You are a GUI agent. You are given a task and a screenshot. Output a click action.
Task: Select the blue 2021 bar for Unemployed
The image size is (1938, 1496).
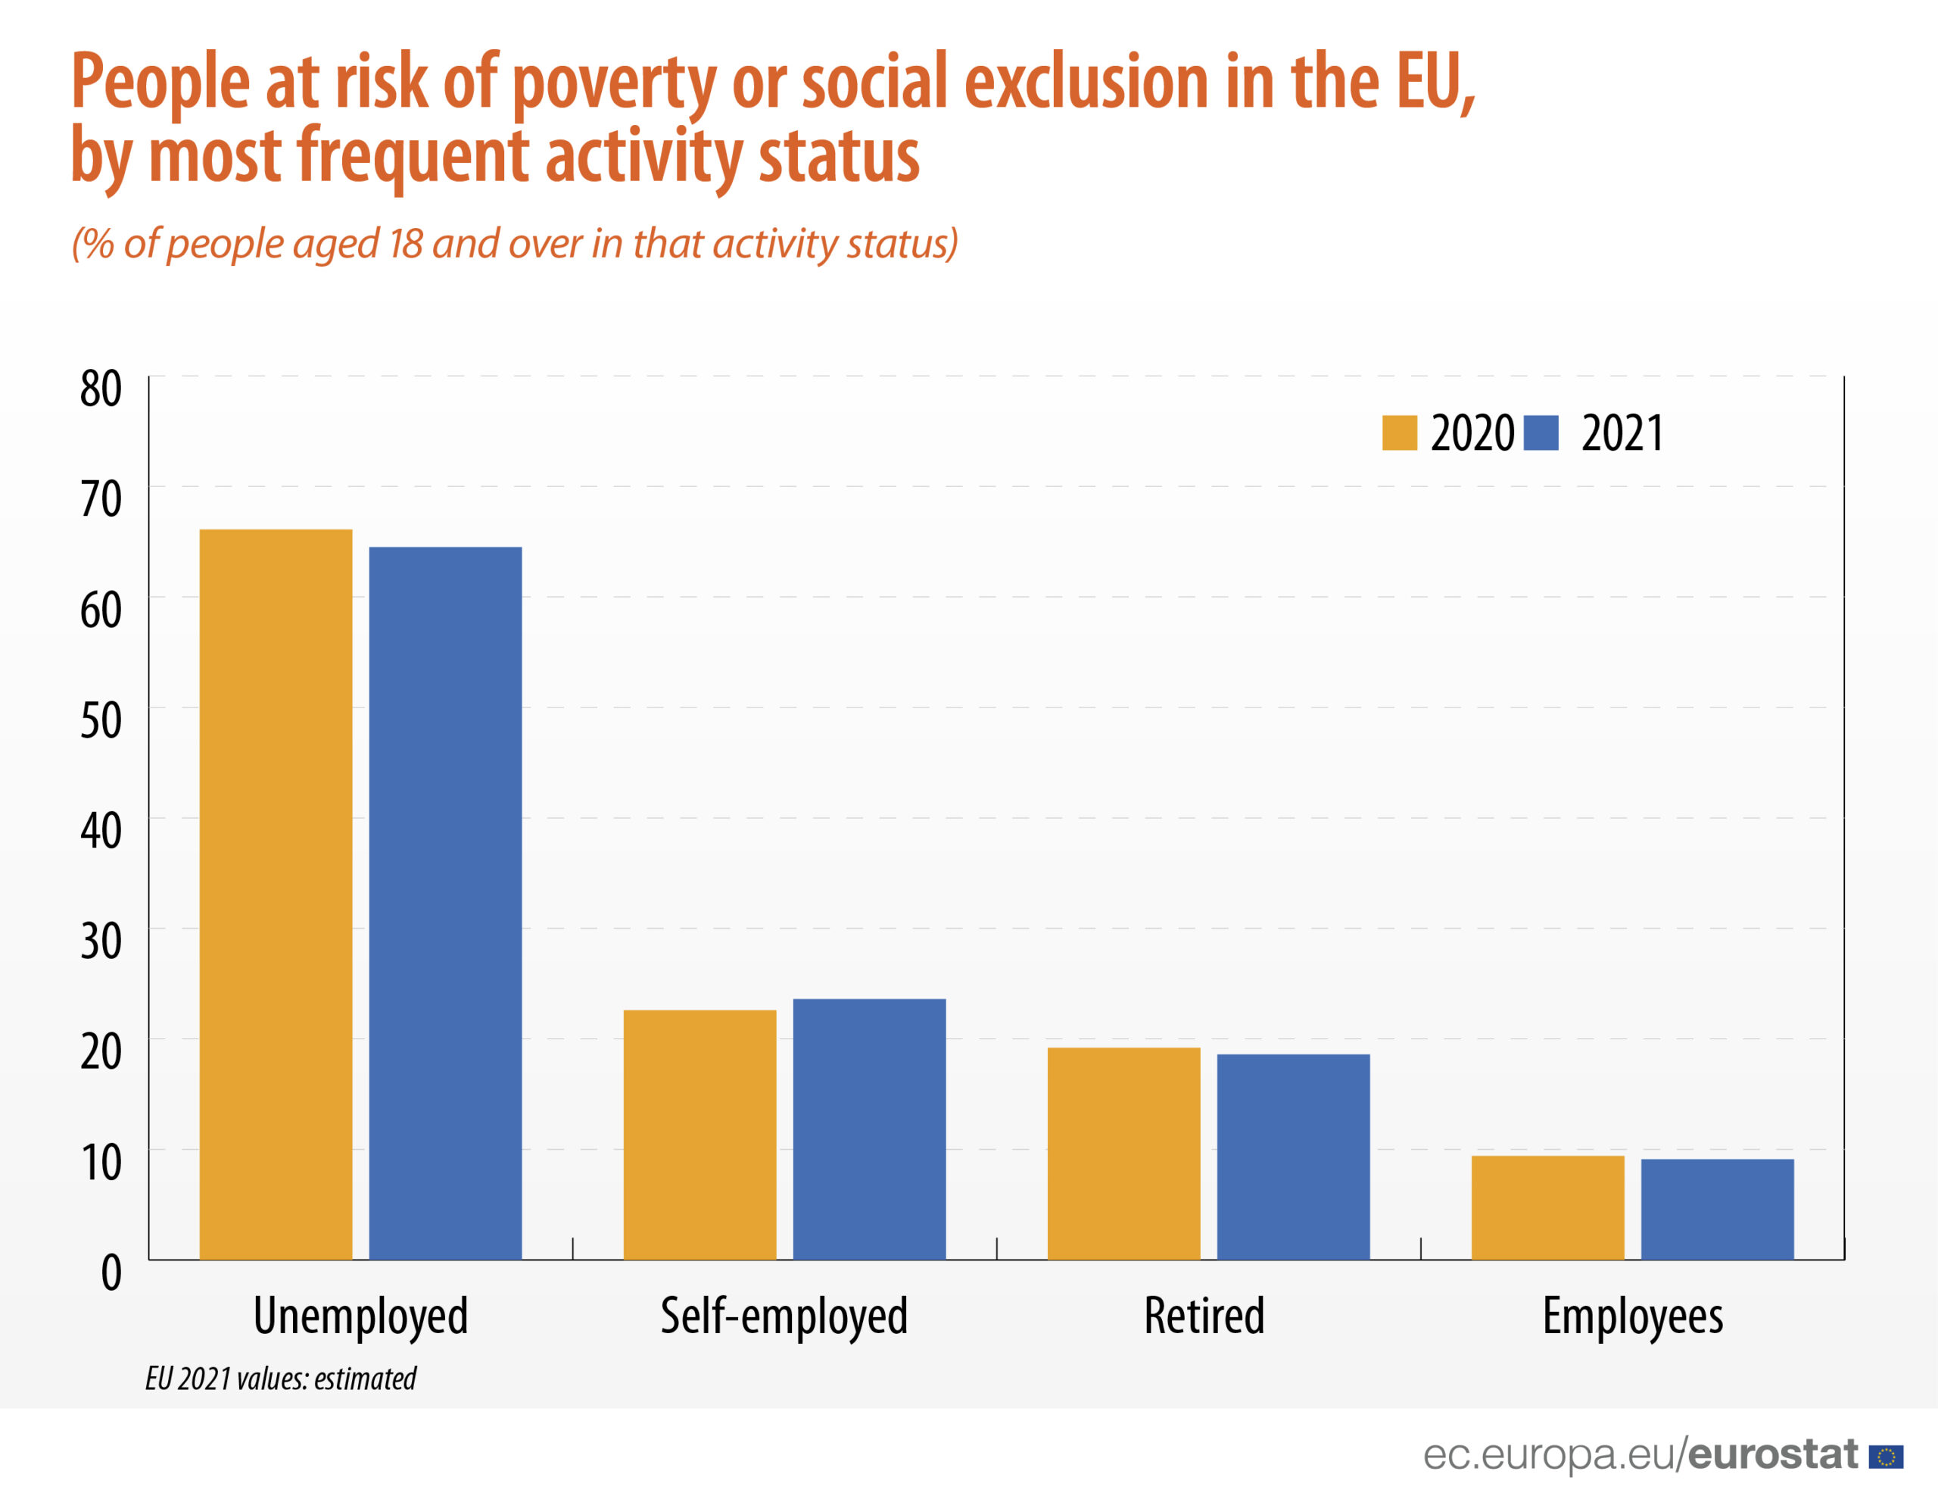445,903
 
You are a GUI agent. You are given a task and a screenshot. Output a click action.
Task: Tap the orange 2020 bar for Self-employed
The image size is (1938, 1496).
699,1135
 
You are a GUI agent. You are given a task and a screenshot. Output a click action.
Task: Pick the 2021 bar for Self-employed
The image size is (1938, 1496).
869,1129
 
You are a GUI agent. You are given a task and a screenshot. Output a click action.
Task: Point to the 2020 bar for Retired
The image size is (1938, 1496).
1123,1154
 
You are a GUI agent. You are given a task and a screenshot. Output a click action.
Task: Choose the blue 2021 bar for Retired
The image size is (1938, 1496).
1293,1157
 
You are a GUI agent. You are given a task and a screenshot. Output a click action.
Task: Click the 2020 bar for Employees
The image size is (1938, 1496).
1547,1207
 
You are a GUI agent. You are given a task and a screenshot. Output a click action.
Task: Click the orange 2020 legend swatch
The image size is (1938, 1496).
1399,433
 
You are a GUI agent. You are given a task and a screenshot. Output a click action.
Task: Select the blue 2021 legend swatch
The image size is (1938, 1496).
1541,433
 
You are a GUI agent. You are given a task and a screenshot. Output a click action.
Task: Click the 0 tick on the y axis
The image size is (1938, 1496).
111,1273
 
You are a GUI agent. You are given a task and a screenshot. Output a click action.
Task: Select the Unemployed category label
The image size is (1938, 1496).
360,1316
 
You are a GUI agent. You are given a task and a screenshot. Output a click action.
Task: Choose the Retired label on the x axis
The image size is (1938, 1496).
1204,1315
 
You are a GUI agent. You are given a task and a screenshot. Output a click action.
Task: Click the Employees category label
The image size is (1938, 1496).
1633,1316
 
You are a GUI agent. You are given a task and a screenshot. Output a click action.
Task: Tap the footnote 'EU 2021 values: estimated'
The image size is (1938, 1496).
280,1378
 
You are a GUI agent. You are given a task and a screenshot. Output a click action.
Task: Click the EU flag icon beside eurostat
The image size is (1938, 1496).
1886,1457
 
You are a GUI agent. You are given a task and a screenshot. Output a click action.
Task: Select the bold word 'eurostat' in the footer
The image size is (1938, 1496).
1773,1454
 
